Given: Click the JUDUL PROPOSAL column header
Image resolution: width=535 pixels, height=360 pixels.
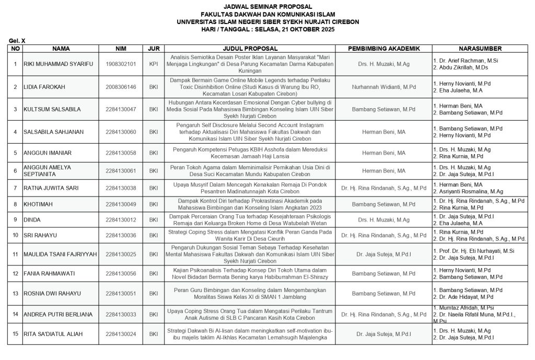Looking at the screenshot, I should pyautogui.click(x=250, y=49).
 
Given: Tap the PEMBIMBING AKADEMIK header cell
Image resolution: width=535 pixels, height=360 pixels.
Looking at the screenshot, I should pyautogui.click(x=383, y=49).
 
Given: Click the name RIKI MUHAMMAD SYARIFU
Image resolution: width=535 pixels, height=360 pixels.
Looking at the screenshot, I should pyautogui.click(x=57, y=64).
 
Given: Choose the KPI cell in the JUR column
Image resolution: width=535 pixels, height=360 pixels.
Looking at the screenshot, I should pyautogui.click(x=154, y=64).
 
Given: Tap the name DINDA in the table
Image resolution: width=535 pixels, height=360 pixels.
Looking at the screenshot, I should pyautogui.click(x=32, y=220).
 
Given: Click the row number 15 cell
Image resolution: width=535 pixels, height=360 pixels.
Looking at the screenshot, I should pyautogui.click(x=16, y=334).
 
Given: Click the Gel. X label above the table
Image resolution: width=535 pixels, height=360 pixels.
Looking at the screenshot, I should pyautogui.click(x=17, y=40).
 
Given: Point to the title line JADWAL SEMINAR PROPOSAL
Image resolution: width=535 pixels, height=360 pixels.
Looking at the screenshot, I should pyautogui.click(x=267, y=7).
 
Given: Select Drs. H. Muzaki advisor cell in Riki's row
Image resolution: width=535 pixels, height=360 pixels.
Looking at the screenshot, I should pyautogui.click(x=383, y=64).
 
